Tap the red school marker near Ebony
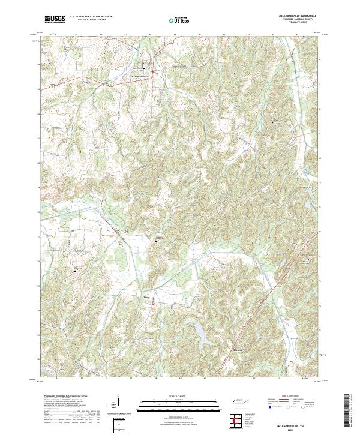152,304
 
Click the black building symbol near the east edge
310,259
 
